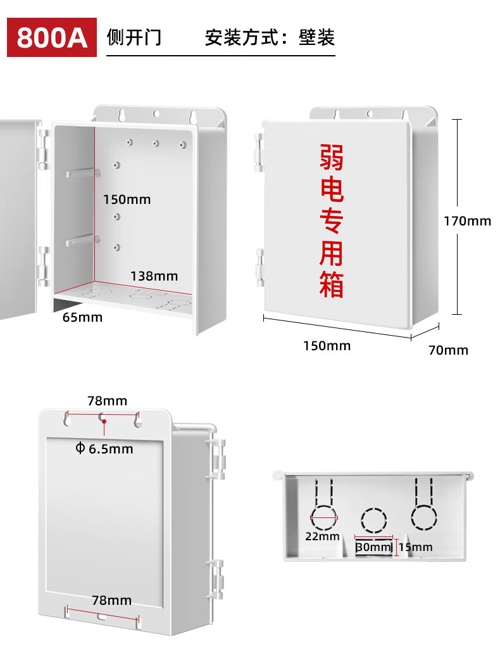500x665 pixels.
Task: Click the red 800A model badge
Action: pyautogui.click(x=52, y=37)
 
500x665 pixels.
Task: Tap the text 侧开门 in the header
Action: pyautogui.click(x=134, y=37)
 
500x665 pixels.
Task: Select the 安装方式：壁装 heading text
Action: pyautogui.click(x=270, y=37)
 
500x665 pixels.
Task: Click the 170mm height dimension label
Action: pyautogui.click(x=467, y=221)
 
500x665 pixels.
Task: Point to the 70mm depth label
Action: pyautogui.click(x=448, y=350)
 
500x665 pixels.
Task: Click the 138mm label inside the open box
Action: pyautogui.click(x=154, y=276)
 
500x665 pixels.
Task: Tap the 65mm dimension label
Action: pyautogui.click(x=82, y=317)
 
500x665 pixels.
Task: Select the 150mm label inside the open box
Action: pyautogui.click(x=127, y=199)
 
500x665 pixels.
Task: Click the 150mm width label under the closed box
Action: pyautogui.click(x=327, y=346)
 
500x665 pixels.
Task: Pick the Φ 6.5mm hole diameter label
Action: pyautogui.click(x=104, y=449)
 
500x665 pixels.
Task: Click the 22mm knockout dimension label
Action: pyautogui.click(x=323, y=536)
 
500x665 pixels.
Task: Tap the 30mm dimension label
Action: pyautogui.click(x=373, y=547)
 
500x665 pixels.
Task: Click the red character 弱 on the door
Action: pyautogui.click(x=331, y=157)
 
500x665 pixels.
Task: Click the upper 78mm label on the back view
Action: pyautogui.click(x=107, y=401)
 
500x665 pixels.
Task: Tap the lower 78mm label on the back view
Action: pyautogui.click(x=111, y=600)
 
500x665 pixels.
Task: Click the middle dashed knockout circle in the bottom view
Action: pyautogui.click(x=373, y=521)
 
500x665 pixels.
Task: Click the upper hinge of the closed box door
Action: pyautogui.click(x=258, y=152)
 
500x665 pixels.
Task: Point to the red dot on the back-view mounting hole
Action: pyautogui.click(x=104, y=421)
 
